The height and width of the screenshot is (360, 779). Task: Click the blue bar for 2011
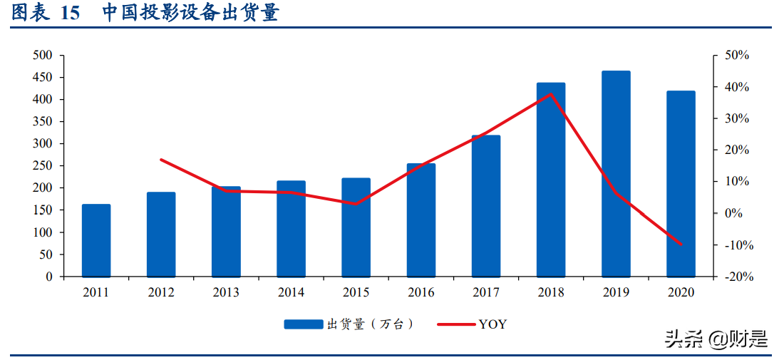point(96,240)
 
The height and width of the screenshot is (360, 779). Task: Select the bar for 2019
point(616,173)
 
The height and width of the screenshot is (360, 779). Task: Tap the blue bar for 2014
point(291,228)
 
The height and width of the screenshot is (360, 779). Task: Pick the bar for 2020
point(681,183)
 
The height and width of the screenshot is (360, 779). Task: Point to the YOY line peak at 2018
point(551,93)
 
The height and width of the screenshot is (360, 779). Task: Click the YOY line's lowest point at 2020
point(681,244)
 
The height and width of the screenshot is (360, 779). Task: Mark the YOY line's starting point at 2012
point(161,159)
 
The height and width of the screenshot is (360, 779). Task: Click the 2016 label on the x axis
point(421,292)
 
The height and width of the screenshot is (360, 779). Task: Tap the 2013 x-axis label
point(226,292)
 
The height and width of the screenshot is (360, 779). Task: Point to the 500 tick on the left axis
point(43,56)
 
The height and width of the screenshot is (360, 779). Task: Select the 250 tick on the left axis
point(43,165)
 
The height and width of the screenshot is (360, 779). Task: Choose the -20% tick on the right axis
point(736,277)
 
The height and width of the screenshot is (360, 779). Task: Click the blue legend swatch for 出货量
point(303,324)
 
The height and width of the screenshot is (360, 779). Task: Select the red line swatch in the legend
point(456,324)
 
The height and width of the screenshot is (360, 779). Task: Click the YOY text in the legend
point(493,324)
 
